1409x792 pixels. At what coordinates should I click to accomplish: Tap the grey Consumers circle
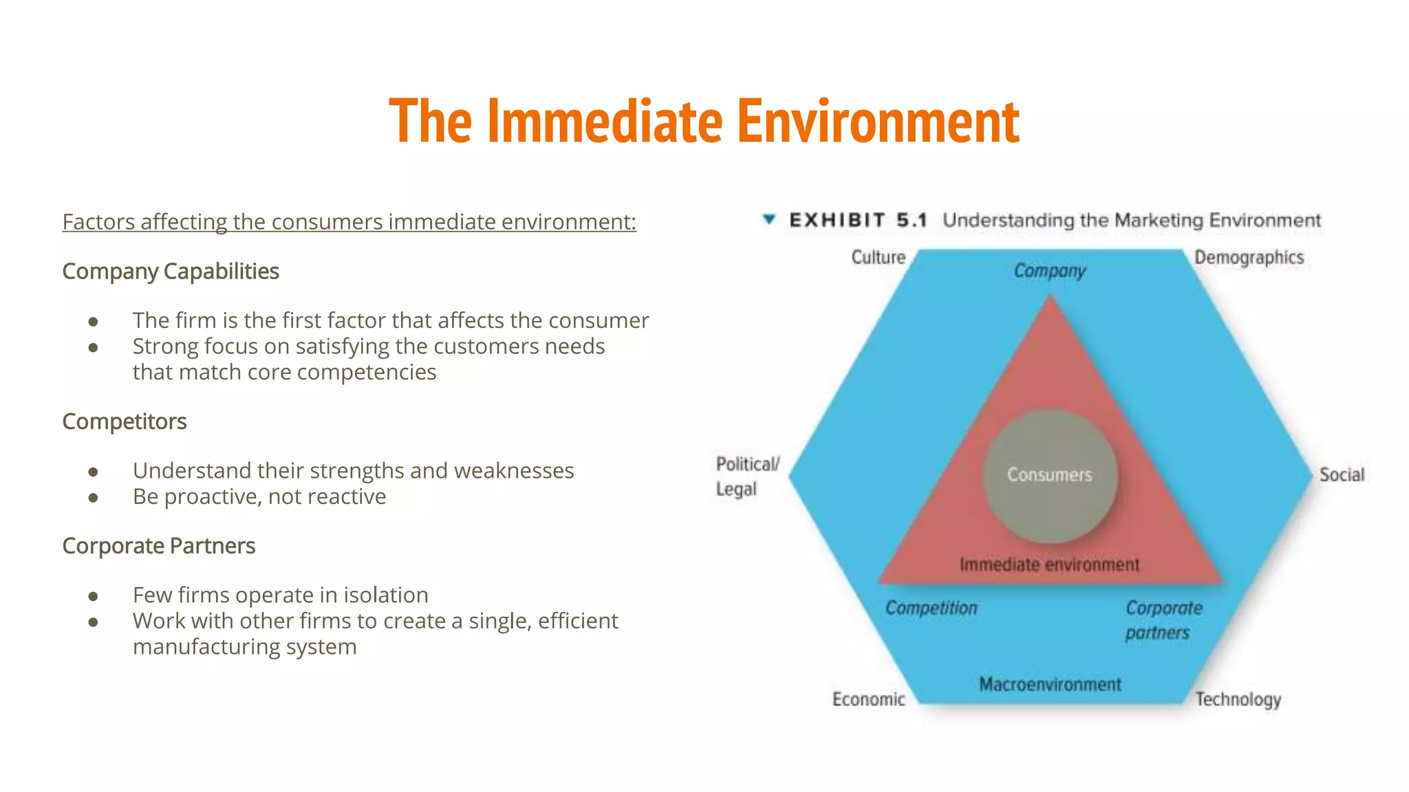(1050, 475)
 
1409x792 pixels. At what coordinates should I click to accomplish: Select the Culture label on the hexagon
(878, 257)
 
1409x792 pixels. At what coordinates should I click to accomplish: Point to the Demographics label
(1249, 258)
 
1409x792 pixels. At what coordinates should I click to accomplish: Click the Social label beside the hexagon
(1341, 474)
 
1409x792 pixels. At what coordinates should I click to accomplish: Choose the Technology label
(1238, 699)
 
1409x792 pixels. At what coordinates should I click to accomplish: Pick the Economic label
(868, 699)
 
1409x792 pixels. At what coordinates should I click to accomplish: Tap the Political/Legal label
(746, 476)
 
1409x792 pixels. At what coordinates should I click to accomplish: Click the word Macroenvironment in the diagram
(1050, 684)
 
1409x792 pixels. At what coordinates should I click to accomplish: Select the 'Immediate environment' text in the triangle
(1049, 564)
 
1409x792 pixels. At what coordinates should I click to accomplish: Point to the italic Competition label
(931, 608)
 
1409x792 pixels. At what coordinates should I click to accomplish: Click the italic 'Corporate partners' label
(1163, 620)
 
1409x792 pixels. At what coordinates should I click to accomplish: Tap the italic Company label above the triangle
(1049, 271)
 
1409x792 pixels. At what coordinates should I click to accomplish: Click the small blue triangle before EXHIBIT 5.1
(769, 219)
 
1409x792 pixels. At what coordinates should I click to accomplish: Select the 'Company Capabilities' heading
(171, 272)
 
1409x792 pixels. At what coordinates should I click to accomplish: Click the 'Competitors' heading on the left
(125, 421)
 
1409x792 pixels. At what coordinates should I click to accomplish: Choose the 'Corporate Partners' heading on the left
(159, 546)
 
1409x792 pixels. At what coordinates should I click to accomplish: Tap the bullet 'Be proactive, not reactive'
(259, 496)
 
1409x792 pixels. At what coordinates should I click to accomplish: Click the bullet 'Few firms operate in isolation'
(281, 595)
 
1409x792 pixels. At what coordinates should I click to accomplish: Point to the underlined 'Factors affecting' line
(349, 222)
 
